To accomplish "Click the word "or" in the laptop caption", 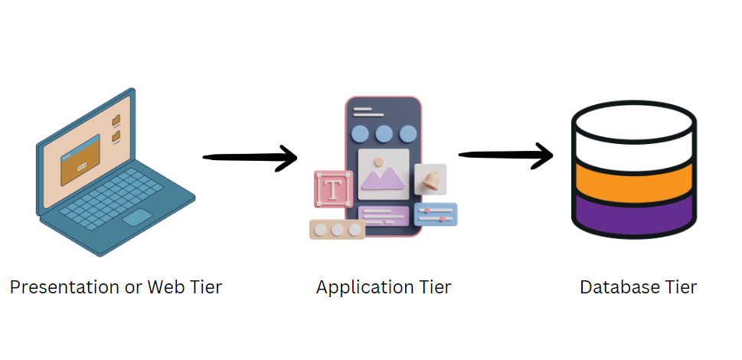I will pos(133,288).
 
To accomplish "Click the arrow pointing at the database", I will pos(505,155).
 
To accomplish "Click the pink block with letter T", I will pos(333,188).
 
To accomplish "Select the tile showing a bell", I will pos(430,179).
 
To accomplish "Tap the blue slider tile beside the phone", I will pos(435,214).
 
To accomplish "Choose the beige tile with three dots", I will pos(337,229).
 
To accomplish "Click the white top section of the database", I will pos(633,138).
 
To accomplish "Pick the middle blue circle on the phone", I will pos(384,135).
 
